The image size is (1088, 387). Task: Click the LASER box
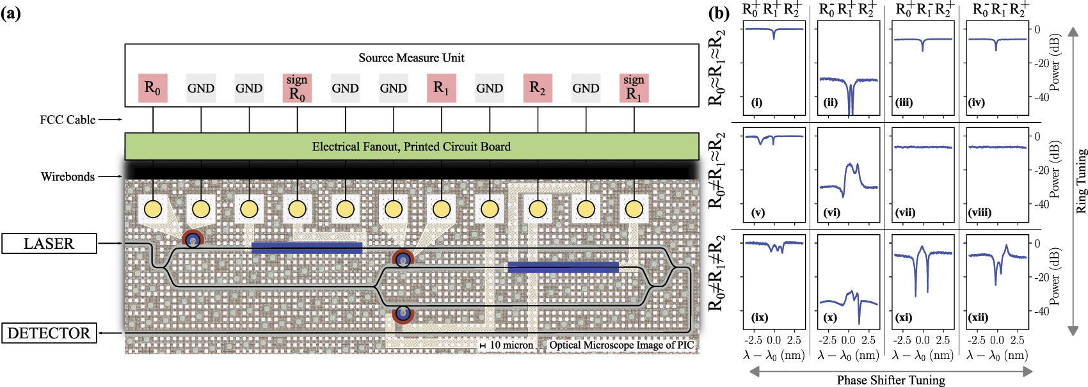(49, 244)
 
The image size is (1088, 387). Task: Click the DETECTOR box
(49, 333)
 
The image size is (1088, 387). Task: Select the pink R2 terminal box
(538, 88)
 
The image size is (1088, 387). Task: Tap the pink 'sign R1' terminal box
(634, 88)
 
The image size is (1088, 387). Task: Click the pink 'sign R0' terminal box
(297, 88)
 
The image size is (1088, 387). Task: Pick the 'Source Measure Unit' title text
(411, 58)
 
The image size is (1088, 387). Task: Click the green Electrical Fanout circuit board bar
(411, 146)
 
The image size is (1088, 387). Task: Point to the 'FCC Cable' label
(67, 120)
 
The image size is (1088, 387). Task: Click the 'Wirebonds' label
(67, 177)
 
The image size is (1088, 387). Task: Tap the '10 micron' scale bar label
(511, 345)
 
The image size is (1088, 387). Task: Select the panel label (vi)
(831, 212)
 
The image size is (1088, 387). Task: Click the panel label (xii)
(979, 317)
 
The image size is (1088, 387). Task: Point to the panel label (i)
(756, 102)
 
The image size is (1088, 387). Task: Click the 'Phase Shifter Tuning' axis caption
(891, 380)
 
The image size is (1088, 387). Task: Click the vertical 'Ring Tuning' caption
(1081, 181)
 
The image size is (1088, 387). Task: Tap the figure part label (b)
(719, 13)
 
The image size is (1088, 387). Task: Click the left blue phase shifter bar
(307, 248)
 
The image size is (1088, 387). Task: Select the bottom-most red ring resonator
(403, 313)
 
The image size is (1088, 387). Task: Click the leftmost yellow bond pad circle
(153, 209)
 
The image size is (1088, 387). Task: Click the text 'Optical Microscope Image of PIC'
(621, 345)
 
